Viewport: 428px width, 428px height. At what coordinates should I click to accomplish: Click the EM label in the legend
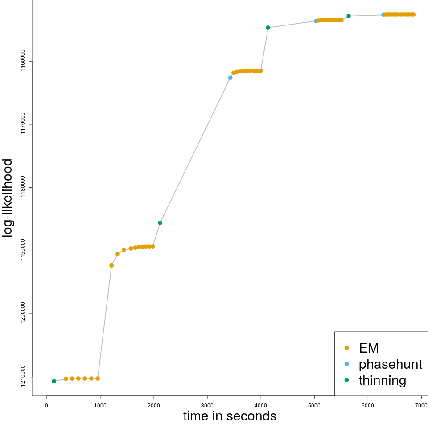click(369, 348)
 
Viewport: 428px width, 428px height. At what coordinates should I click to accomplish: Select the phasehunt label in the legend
click(390, 364)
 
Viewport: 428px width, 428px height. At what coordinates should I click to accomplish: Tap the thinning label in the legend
click(383, 380)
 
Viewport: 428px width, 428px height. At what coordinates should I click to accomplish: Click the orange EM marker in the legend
click(347, 348)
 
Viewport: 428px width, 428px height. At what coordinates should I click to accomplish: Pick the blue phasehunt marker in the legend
click(347, 364)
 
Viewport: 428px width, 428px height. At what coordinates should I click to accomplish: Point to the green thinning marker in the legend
click(347, 380)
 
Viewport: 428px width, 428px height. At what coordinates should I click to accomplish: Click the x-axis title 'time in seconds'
click(230, 416)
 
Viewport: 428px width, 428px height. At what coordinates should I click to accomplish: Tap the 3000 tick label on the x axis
click(207, 405)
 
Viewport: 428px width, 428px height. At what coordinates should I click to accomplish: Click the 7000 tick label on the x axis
click(421, 405)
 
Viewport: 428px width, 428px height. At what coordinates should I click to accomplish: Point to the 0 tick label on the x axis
click(46, 405)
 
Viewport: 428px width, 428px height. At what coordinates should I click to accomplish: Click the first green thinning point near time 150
click(54, 381)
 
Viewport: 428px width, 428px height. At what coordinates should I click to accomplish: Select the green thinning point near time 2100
click(160, 223)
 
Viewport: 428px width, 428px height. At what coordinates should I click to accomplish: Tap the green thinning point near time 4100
click(268, 28)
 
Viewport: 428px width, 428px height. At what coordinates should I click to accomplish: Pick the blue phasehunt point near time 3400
click(230, 78)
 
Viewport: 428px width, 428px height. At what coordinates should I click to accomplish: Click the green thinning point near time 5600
click(349, 16)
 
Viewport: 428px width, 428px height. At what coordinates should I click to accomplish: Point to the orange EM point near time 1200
click(111, 265)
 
